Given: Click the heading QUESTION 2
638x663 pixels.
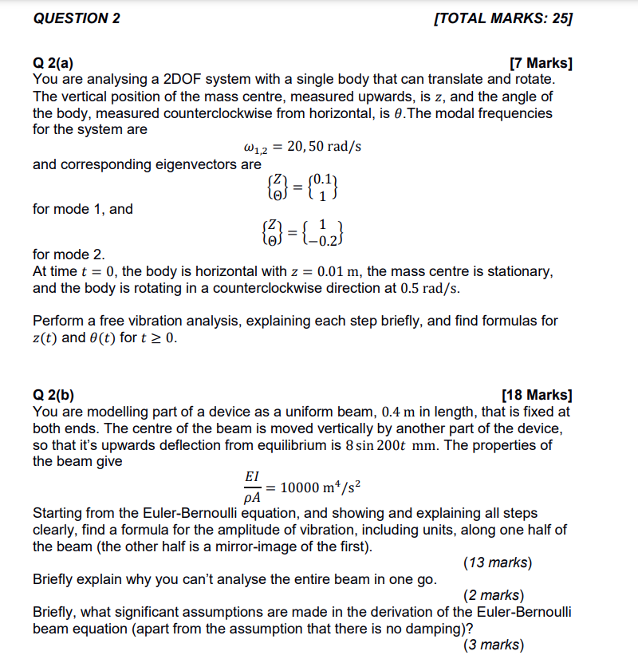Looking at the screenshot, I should pyautogui.click(x=77, y=19).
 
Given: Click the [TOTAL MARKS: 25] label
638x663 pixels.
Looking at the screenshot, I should pyautogui.click(x=503, y=19).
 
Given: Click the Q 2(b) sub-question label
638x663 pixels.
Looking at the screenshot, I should pyautogui.click(x=56, y=395).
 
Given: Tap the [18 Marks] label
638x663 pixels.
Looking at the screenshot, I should pyautogui.click(x=537, y=395).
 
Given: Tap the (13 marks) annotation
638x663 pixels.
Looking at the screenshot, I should pyautogui.click(x=497, y=562).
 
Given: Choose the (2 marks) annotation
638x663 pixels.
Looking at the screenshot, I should pyautogui.click(x=493, y=595).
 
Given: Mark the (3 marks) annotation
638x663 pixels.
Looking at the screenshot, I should pyautogui.click(x=493, y=645).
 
